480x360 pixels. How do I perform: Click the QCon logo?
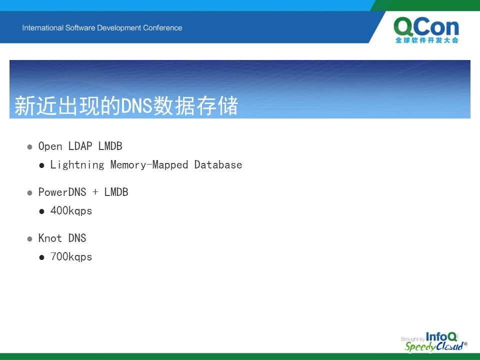pos(426,30)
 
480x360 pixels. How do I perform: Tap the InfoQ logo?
pos(441,336)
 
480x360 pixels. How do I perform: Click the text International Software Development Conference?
pos(102,28)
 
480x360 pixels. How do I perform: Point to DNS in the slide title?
pos(136,106)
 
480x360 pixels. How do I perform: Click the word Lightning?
pos(77,164)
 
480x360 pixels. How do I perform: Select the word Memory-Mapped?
pos(149,164)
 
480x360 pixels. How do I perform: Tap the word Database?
pos(218,164)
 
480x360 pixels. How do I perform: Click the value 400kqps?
pos(71,211)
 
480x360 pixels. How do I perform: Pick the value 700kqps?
pos(71,257)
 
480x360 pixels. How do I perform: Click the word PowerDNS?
pos(62,192)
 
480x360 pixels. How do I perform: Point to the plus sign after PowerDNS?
pos(95,192)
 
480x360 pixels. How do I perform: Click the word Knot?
pos(50,238)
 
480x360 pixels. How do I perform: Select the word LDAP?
pos(80,146)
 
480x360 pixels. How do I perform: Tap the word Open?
pos(50,146)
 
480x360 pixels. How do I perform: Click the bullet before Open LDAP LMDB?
pos(29,147)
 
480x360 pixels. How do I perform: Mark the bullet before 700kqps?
pos(41,257)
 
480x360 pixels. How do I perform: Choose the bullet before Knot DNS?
pos(29,239)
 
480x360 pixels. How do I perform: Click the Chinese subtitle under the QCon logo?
pos(426,40)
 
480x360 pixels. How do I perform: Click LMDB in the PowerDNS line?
pos(116,192)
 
